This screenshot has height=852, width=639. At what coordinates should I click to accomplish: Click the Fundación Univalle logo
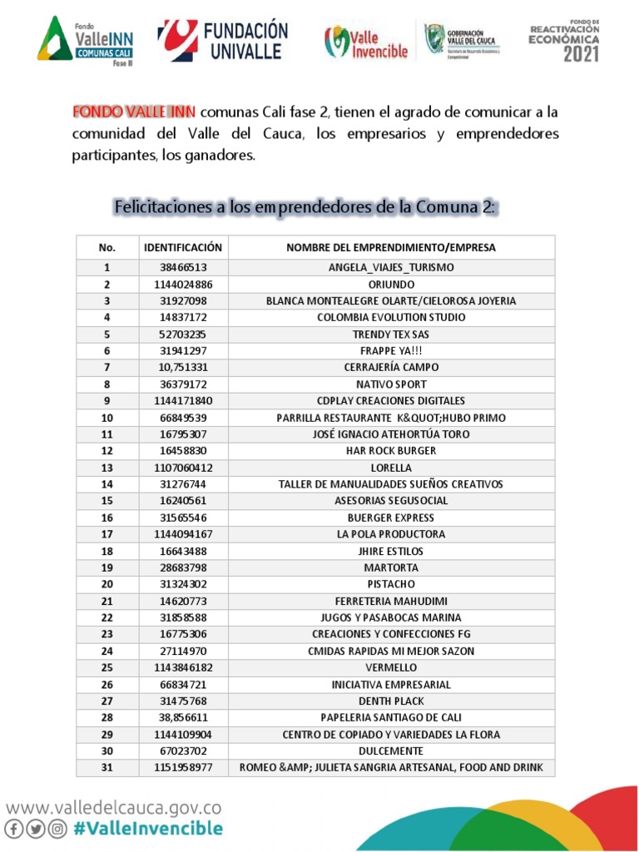tap(223, 40)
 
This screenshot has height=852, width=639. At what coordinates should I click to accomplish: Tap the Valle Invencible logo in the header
tap(366, 42)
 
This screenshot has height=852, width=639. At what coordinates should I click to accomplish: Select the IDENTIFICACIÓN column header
tap(183, 248)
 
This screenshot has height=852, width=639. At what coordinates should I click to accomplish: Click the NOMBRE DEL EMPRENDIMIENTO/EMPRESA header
tap(391, 248)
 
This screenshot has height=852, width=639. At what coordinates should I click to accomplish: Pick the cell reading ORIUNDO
tap(391, 285)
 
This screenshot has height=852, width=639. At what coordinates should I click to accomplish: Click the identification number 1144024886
tap(183, 285)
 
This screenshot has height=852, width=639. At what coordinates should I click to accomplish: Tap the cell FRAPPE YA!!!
tap(391, 351)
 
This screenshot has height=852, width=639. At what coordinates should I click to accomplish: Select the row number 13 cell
tap(106, 468)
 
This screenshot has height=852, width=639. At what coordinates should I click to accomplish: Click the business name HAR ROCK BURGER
tap(391, 451)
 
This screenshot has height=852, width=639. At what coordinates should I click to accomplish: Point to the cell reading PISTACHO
tap(391, 584)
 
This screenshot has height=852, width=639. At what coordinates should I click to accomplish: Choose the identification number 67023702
tap(183, 750)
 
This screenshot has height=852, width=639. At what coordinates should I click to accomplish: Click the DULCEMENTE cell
tap(391, 750)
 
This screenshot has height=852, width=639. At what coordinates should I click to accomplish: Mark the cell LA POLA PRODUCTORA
tap(391, 534)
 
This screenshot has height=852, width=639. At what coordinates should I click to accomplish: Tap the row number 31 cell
tap(106, 767)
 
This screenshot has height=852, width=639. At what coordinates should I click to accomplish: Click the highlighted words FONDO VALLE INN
tap(134, 111)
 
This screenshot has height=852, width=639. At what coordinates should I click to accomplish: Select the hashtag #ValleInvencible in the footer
tap(148, 829)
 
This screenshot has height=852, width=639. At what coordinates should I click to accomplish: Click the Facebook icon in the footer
tap(15, 829)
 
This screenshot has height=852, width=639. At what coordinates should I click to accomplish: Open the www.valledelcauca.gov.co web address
tap(115, 806)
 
